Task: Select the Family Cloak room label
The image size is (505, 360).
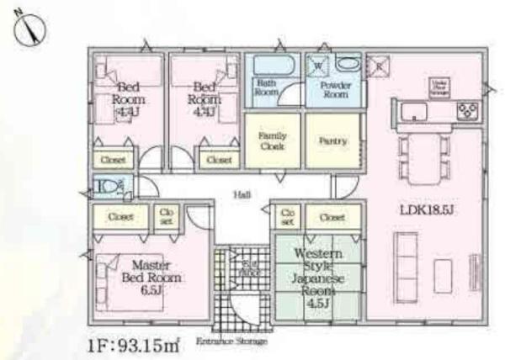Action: pos(272,140)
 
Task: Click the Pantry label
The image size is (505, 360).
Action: pos(332,140)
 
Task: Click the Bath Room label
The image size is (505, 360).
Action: pos(267,87)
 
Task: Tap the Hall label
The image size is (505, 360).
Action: pos(242,195)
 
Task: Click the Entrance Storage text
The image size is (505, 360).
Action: pos(231,341)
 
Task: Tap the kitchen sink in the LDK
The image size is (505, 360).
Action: pos(415,111)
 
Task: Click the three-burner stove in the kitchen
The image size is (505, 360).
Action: pos(467,110)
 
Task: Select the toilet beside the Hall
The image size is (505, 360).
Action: pos(108,187)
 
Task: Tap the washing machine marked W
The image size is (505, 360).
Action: pos(319,65)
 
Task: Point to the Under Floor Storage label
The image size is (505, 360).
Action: pos(439,87)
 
